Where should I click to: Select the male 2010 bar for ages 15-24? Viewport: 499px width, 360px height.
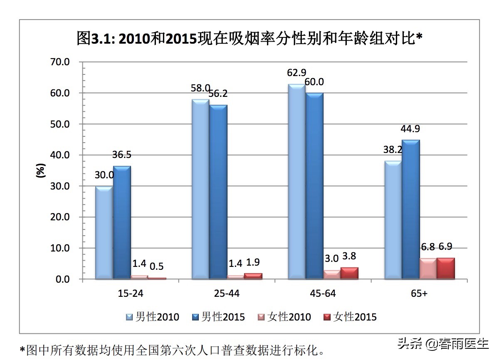pos(104,233)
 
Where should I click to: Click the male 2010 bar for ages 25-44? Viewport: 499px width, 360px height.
pos(200,189)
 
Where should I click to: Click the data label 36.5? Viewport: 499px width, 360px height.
pos(122,155)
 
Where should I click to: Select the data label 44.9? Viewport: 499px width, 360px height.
pos(410,129)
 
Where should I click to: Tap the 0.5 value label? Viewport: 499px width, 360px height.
pos(157,267)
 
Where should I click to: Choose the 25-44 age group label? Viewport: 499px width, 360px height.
pos(227,293)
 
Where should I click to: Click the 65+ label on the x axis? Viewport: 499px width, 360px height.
pos(419,293)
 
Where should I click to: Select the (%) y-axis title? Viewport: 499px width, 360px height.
pos(40,171)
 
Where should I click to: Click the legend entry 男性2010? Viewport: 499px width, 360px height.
pos(153,317)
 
